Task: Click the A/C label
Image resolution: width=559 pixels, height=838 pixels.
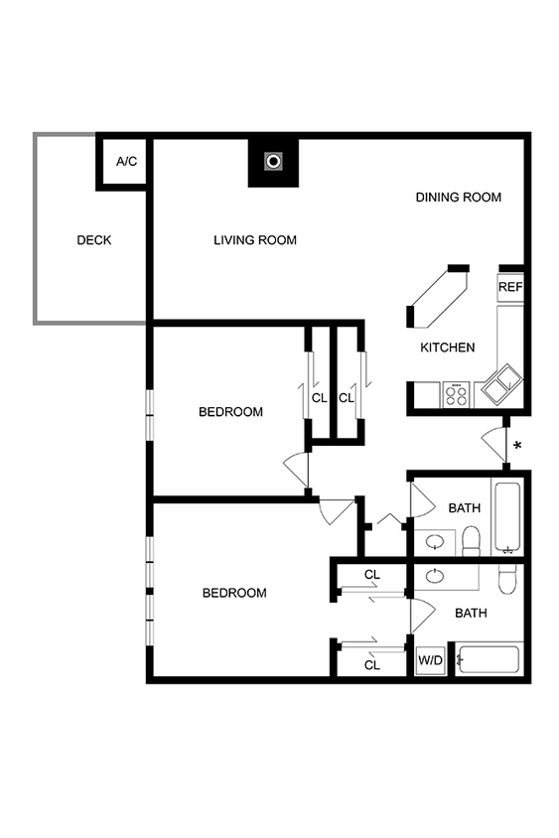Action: coord(126,161)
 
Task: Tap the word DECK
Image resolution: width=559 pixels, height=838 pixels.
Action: coord(94,240)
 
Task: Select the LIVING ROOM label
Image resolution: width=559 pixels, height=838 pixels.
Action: coord(255,240)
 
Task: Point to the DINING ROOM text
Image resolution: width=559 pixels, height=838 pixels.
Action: coord(458,198)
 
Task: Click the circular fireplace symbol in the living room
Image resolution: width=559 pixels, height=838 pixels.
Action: coord(272,161)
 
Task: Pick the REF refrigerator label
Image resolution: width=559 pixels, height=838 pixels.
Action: coord(510,287)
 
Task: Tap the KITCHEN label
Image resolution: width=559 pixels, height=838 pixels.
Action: coord(447,348)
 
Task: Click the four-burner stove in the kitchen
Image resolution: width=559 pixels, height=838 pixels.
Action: coord(456,395)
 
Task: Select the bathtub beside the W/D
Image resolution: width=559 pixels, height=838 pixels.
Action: coord(489,660)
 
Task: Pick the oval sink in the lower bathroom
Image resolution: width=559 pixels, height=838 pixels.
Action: coord(436,576)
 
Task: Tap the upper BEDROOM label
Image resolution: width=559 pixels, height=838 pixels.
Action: coord(230,412)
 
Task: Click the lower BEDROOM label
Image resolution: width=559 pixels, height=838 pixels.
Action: coord(234,594)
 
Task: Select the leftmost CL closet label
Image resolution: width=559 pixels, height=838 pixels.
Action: coord(319,398)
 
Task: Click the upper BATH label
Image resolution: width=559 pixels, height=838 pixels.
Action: coord(464,508)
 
